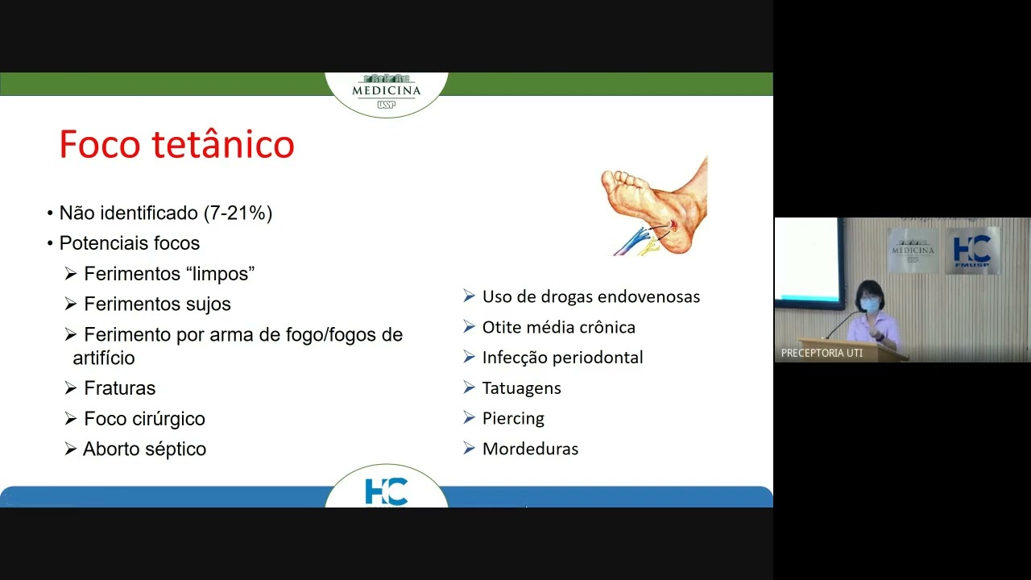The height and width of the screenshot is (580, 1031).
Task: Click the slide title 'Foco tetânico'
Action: pyautogui.click(x=176, y=145)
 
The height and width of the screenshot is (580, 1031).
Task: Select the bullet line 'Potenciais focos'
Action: pyautogui.click(x=129, y=243)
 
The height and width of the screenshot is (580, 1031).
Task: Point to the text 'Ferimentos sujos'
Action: pyautogui.click(x=157, y=304)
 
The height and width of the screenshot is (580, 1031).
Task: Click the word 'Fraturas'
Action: pyautogui.click(x=119, y=388)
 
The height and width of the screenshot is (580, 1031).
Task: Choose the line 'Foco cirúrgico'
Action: pyautogui.click(x=144, y=419)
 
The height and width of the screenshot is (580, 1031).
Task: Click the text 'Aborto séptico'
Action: pyautogui.click(x=144, y=449)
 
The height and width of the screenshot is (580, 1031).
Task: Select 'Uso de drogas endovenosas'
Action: pyautogui.click(x=590, y=296)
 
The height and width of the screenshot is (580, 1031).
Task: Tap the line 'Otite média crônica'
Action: pyautogui.click(x=558, y=327)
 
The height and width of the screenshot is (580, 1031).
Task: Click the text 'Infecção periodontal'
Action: pyautogui.click(x=562, y=358)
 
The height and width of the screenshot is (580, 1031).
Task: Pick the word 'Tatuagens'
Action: pyautogui.click(x=521, y=388)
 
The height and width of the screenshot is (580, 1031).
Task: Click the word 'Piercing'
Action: pyautogui.click(x=513, y=419)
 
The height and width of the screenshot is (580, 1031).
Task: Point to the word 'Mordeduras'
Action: pyautogui.click(x=530, y=449)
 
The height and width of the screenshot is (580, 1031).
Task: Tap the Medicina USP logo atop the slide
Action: pyautogui.click(x=387, y=91)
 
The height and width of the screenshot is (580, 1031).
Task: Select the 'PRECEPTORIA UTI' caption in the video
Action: pyautogui.click(x=822, y=353)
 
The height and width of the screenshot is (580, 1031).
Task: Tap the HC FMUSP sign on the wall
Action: pyautogui.click(x=971, y=251)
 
